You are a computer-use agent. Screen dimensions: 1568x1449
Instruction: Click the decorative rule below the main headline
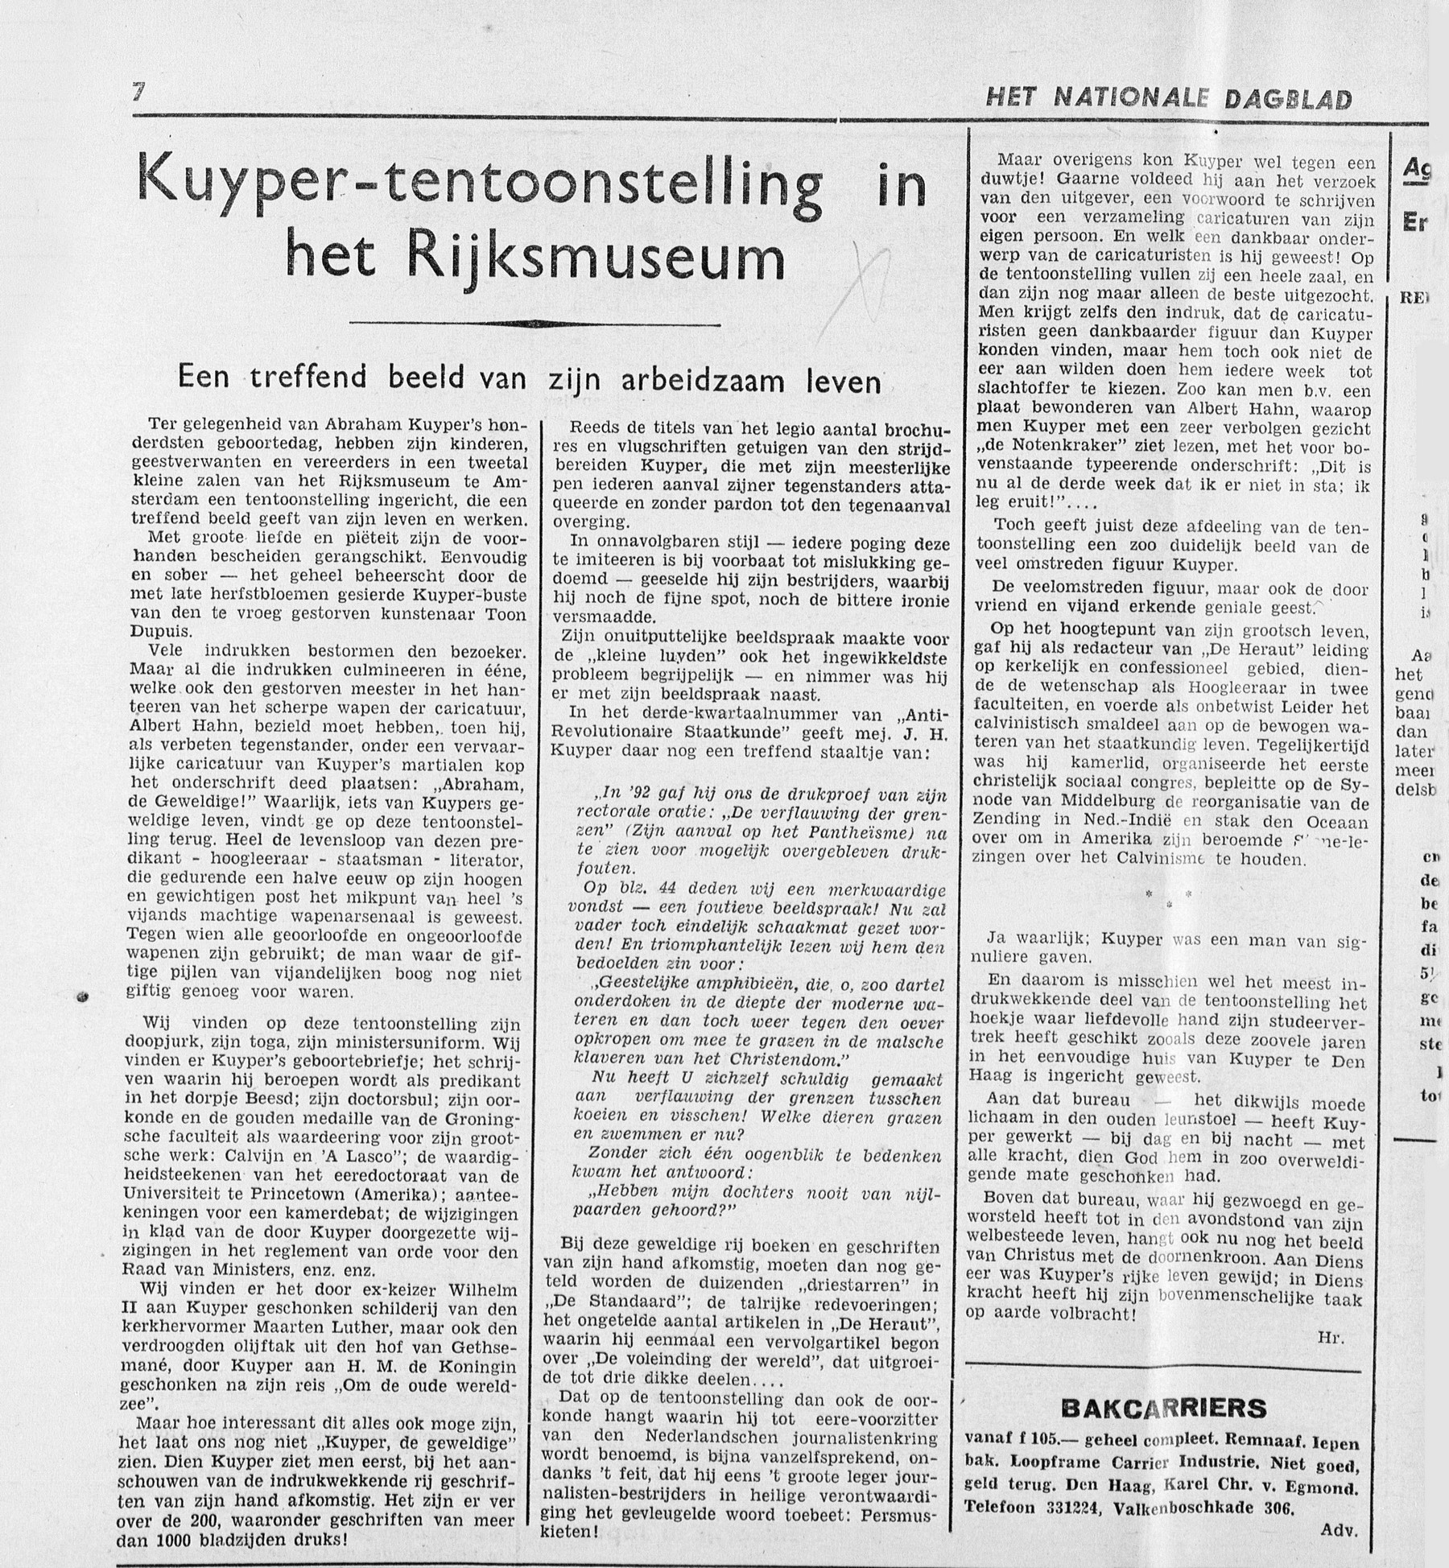535,324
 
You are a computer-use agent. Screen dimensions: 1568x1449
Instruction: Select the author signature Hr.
1329,1338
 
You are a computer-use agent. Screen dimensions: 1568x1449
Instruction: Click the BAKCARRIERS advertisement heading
1164,1407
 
